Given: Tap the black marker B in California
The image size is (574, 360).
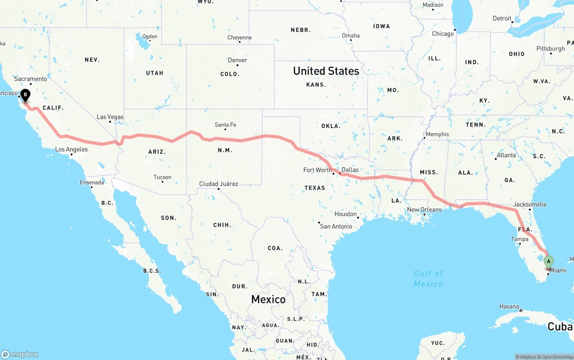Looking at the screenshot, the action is [26, 95].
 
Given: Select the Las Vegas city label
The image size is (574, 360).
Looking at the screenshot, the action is [110, 117].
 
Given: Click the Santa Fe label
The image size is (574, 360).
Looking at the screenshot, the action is [225, 125].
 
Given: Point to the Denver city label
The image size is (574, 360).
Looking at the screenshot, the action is [237, 60].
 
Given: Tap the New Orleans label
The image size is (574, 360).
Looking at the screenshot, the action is [424, 209].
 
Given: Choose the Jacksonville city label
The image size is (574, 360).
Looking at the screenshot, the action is [530, 204].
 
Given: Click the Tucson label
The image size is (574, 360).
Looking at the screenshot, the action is [162, 177].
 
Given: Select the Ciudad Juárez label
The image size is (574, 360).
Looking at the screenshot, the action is [219, 184].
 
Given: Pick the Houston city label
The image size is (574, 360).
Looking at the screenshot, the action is [345, 214].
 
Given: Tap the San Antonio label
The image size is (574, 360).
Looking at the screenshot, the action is [336, 226].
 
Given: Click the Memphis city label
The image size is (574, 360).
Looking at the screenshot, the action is [437, 134].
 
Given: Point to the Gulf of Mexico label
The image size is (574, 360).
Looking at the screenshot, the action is [428, 278].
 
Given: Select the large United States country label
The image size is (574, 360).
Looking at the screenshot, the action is [326, 71].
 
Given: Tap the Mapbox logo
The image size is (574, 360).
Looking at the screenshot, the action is [20, 354].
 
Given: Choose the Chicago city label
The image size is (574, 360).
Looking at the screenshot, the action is [443, 34].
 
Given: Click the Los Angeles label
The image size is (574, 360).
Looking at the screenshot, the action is [71, 149].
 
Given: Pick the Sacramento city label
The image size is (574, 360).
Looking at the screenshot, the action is [30, 79].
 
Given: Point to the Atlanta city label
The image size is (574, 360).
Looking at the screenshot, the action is [506, 155].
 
